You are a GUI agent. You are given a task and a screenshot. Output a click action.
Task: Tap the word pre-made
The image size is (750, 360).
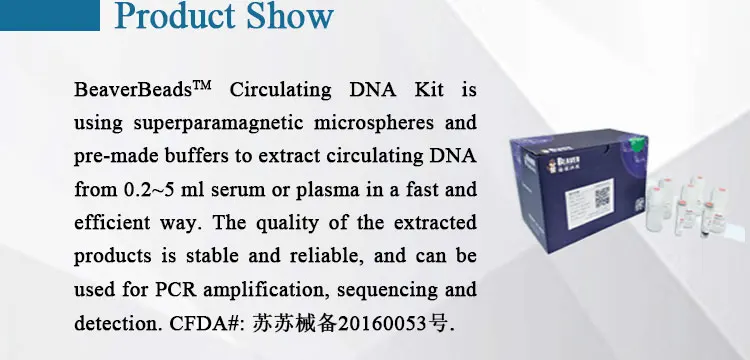[x=113, y=157]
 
